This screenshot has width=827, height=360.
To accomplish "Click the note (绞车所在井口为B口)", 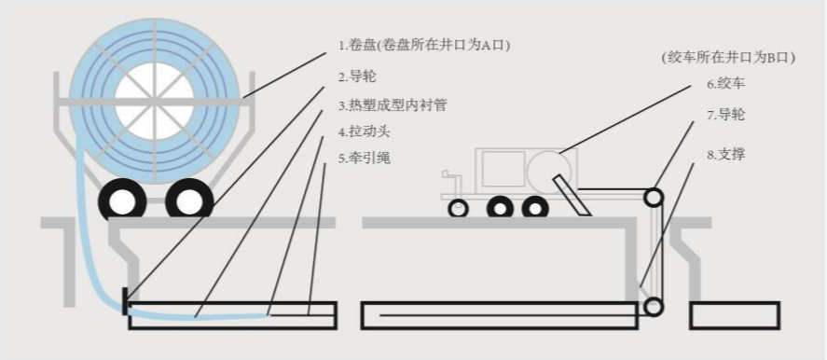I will (x=727, y=57).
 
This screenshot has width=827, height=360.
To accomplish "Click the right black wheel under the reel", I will (x=189, y=199).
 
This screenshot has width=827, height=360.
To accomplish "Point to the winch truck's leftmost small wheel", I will (x=458, y=208).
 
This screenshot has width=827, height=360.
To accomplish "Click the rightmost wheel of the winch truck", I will (x=534, y=207).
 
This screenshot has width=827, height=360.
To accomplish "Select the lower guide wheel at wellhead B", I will (x=655, y=306).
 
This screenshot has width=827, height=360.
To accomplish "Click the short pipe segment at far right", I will (x=734, y=316).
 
